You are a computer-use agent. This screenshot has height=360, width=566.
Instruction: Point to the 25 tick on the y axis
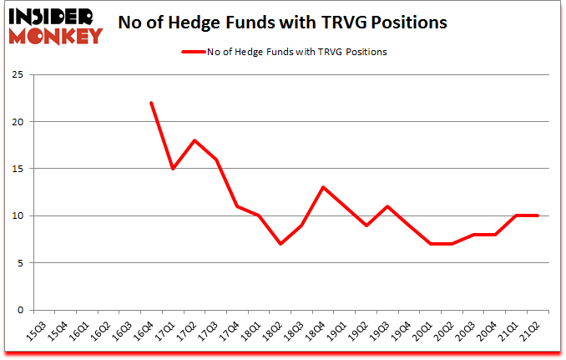point(17,74)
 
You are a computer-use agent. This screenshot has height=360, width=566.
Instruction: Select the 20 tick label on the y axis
point(17,122)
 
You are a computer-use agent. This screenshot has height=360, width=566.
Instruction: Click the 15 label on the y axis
point(17,169)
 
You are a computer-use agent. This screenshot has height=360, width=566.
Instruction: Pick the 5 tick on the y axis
point(19,263)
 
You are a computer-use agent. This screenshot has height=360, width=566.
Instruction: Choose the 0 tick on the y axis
point(19,310)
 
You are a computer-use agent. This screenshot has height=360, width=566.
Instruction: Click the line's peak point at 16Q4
point(151,103)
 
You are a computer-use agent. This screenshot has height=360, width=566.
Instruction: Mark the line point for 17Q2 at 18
point(195,140)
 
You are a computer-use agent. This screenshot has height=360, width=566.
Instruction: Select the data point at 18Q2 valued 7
point(280,244)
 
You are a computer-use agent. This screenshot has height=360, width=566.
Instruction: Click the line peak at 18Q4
point(324,187)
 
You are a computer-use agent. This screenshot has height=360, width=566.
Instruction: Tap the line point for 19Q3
point(388,206)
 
